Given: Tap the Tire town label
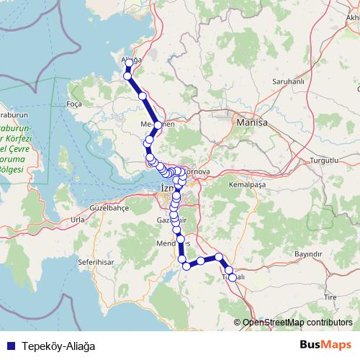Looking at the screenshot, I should (330, 296).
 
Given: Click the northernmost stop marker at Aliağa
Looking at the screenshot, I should (129, 63).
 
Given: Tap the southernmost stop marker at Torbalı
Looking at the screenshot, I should (232, 277).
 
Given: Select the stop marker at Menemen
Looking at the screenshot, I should (158, 125).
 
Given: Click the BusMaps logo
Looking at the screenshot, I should (325, 345).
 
